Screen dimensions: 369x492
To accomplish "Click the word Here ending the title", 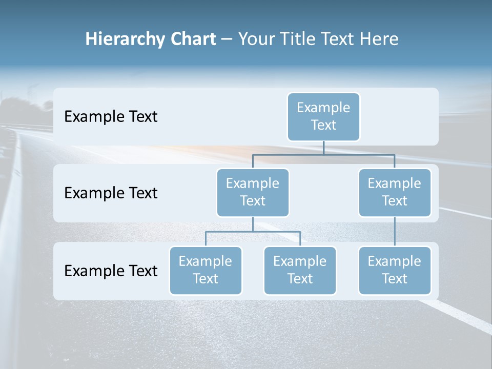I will point(379,39).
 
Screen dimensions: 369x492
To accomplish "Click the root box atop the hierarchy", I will point(323,116).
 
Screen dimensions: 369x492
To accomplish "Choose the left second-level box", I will point(253,192).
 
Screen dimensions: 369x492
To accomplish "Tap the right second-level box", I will point(395,192).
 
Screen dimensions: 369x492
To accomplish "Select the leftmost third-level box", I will point(206,270).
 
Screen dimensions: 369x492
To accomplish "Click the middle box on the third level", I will point(300,270).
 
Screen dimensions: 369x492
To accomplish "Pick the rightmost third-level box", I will point(395,270).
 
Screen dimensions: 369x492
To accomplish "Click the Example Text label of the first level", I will point(111,117).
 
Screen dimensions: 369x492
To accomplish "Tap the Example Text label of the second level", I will point(111,193).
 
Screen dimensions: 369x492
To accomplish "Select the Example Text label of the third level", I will point(111,271).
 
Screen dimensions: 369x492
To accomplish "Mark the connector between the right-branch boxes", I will point(395,231).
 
